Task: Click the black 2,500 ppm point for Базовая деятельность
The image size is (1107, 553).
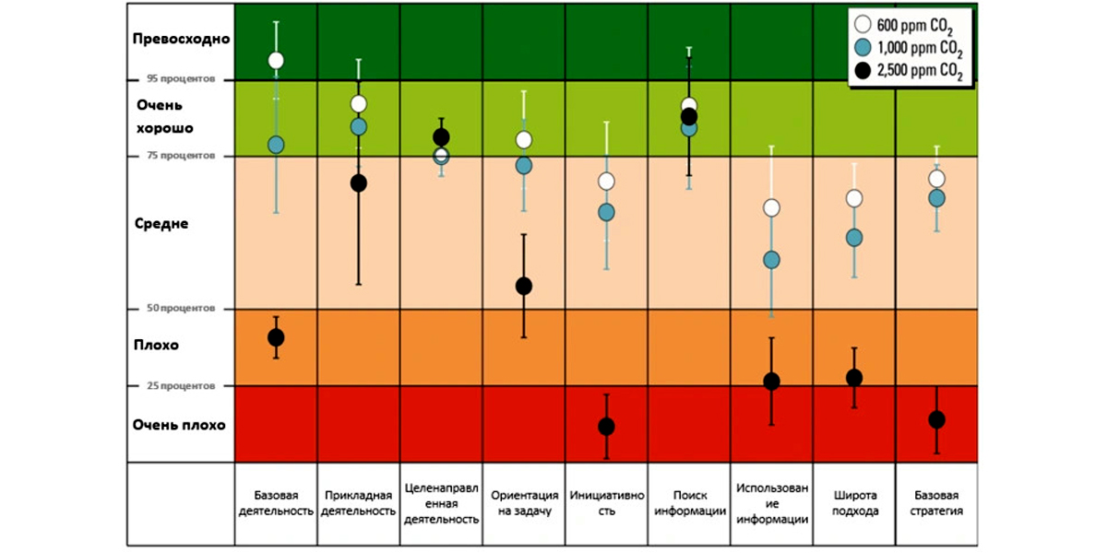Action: click(275, 337)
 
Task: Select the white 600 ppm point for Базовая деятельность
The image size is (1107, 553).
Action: click(275, 60)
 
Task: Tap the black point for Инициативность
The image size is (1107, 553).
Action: click(606, 427)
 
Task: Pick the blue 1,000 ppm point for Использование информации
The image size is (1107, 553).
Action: click(772, 260)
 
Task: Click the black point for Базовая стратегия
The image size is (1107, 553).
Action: click(936, 419)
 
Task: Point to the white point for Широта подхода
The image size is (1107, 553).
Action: click(854, 198)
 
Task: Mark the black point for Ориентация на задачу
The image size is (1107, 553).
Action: click(523, 286)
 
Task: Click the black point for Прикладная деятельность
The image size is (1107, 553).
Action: click(359, 182)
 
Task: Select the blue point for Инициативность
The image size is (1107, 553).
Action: click(606, 212)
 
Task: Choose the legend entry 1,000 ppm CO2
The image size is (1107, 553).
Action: click(909, 49)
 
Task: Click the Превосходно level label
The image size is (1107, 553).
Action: click(181, 40)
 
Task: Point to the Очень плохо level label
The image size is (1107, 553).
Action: click(179, 425)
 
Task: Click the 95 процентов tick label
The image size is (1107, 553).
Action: click(181, 79)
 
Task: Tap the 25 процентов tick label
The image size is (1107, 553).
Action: click(181, 385)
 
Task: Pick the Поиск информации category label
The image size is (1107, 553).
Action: click(688, 502)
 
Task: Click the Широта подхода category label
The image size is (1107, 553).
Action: click(854, 502)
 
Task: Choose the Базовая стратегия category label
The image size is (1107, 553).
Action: click(936, 502)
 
